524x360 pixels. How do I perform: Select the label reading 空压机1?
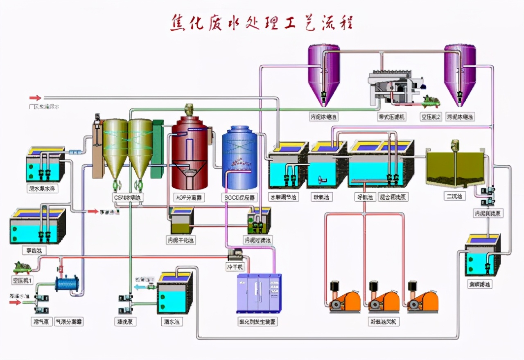tap(23, 281)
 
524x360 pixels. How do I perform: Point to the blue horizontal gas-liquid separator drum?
tap(68, 284)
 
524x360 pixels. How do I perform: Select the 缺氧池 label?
tap(321, 197)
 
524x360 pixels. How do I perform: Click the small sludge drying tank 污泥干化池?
tap(181, 223)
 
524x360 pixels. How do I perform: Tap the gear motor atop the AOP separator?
tap(189, 109)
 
